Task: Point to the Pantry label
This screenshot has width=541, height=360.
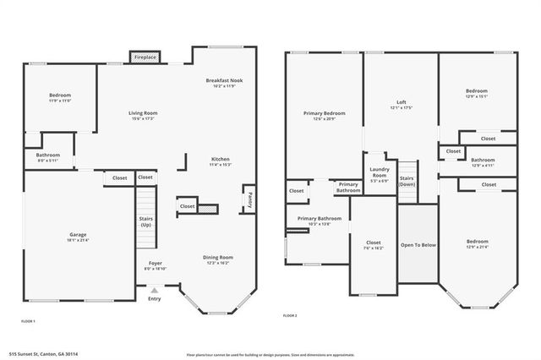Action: (249, 200)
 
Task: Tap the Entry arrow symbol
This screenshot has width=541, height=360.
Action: (154, 290)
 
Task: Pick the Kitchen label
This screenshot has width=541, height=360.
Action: (220, 161)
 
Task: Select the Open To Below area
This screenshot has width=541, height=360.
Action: (418, 245)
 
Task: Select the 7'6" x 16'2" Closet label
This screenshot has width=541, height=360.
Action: (373, 245)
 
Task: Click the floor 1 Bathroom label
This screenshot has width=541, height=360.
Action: (47, 157)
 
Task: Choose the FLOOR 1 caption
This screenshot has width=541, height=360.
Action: (29, 321)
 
